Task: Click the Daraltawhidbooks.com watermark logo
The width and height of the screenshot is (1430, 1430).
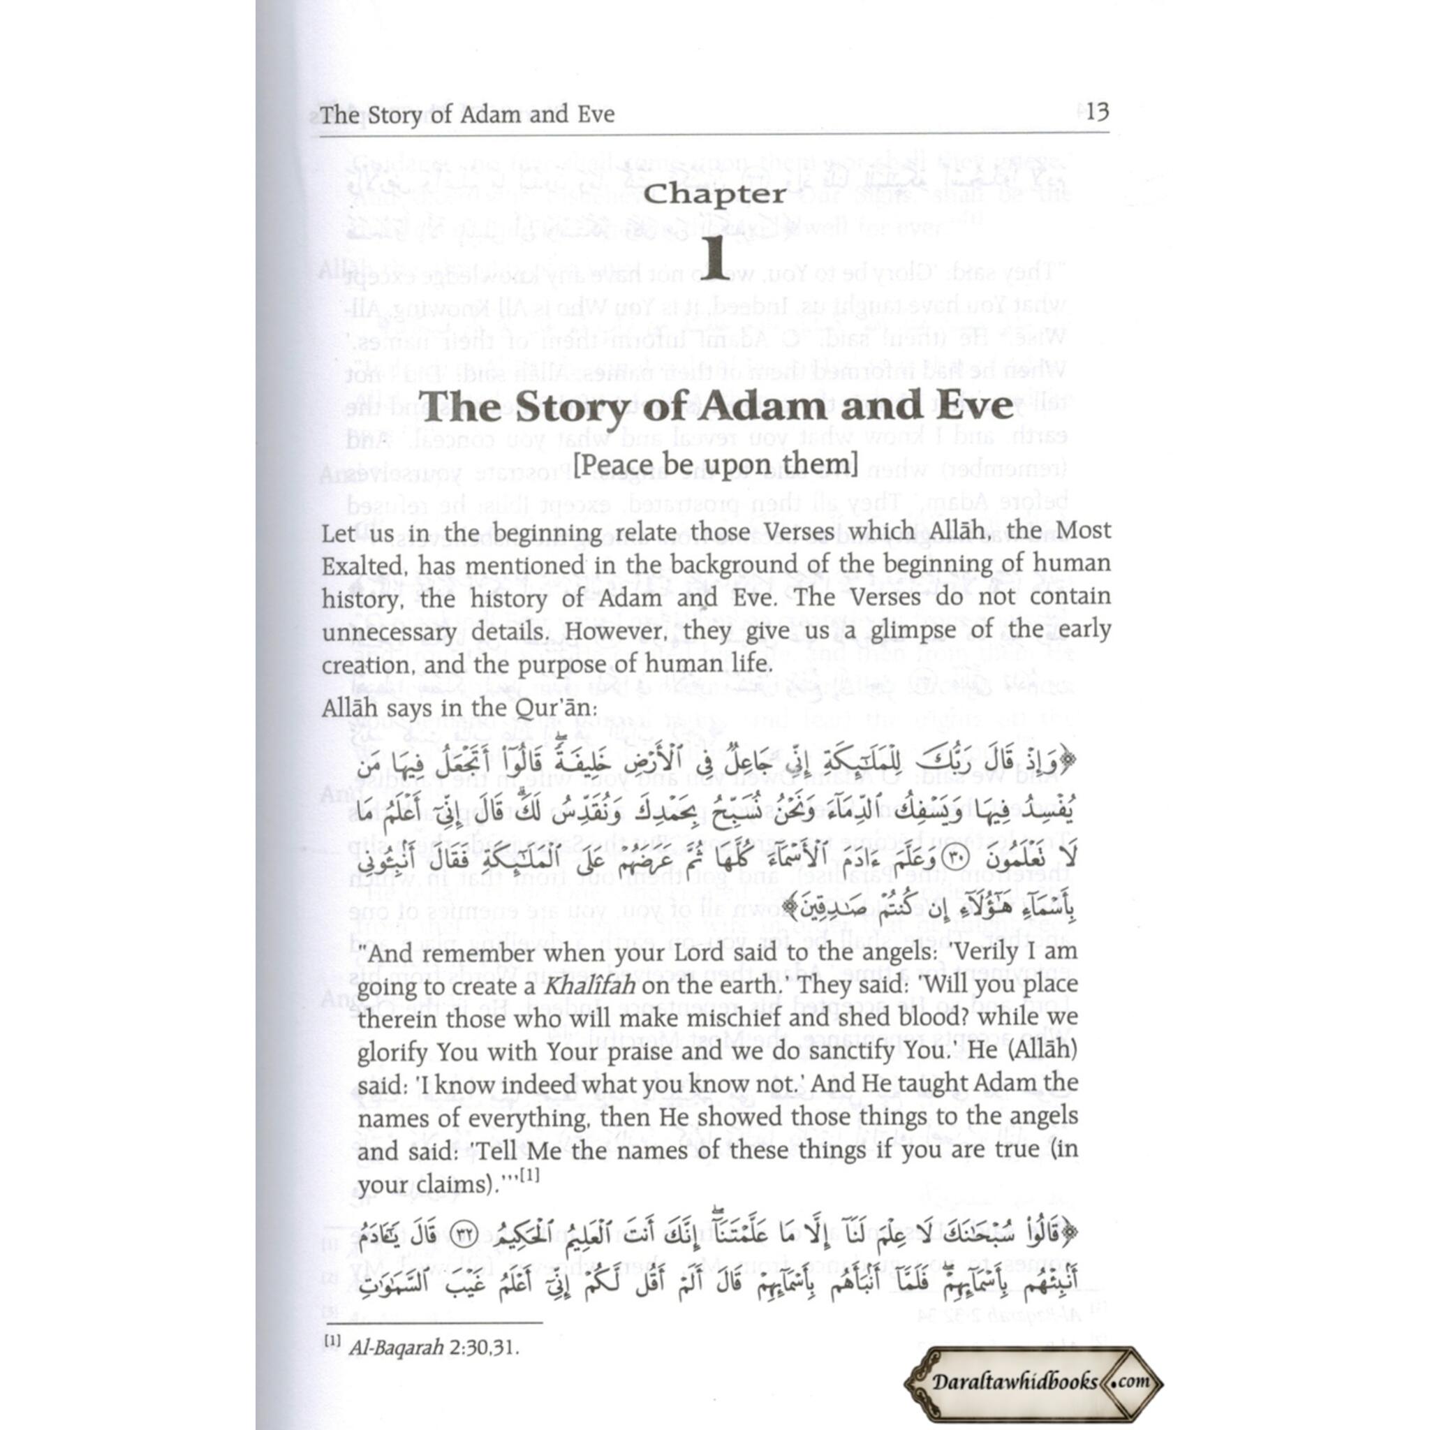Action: pos(1033,1381)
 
